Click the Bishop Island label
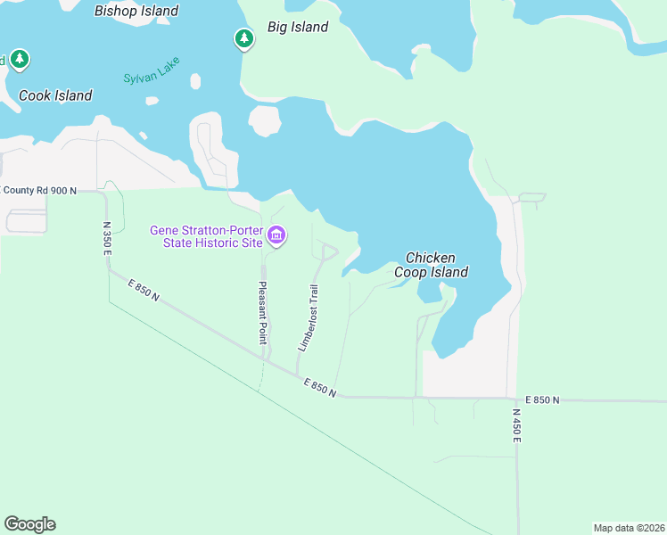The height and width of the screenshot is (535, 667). point(136,12)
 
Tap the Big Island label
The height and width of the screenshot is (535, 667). point(298,28)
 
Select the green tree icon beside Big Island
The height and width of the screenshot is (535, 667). point(243,38)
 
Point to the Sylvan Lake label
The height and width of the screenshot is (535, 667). point(152,70)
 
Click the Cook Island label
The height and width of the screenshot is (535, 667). point(55,95)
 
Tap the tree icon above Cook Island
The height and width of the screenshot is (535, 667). point(20,60)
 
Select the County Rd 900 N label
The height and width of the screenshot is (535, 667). point(40,191)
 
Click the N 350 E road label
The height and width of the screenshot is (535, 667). point(106,239)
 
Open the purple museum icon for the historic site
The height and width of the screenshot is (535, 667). point(276,236)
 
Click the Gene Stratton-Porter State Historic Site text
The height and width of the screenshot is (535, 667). point(205,236)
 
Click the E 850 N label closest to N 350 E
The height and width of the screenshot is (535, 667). point(143,290)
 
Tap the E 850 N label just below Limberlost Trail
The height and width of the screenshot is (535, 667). point(319,388)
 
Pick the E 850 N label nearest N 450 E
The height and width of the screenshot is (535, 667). point(542,400)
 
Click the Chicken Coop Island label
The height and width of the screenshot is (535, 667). point(437,265)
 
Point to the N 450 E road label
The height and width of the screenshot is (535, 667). point(516,427)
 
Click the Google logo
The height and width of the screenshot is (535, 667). point(29,524)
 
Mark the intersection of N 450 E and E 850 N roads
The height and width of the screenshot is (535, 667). point(515,399)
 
